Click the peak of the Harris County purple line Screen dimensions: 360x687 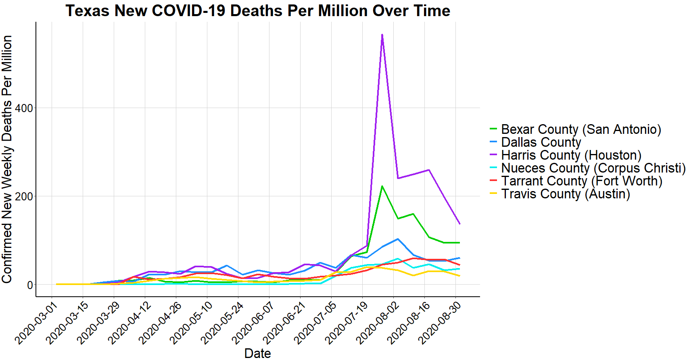(382, 35)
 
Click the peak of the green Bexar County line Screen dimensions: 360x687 (382, 186)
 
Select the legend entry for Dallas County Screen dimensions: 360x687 (541, 142)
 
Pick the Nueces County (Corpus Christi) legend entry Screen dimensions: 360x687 (593, 168)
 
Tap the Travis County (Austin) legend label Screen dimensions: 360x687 (565, 194)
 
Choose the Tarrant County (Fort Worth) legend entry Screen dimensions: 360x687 (581, 181)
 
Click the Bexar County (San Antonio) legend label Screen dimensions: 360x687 (581, 129)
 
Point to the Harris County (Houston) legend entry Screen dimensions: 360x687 (571, 155)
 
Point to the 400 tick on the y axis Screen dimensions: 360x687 (24, 108)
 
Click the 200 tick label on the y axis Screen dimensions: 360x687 (24, 196)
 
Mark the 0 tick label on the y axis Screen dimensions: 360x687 (30, 285)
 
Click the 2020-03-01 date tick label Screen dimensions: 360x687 (37, 323)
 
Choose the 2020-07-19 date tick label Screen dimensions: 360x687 (347, 323)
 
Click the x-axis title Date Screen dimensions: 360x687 (257, 353)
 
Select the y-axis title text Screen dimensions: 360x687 (7, 159)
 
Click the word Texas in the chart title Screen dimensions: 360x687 (88, 11)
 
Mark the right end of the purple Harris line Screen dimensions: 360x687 (459, 224)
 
